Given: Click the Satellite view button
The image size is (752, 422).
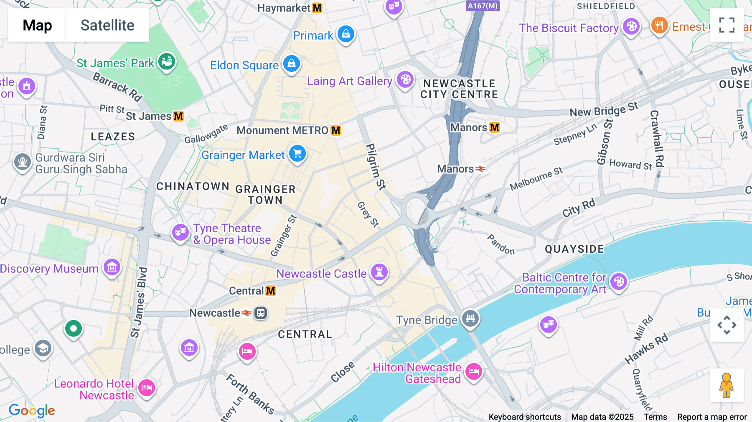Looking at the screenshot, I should (x=107, y=25).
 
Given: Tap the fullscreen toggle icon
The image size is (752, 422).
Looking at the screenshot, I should (x=727, y=25).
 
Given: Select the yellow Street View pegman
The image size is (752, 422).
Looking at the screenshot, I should (x=727, y=385).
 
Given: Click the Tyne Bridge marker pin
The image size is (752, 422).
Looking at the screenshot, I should (x=470, y=318).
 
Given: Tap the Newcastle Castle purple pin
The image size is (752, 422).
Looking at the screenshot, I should (x=379, y=272).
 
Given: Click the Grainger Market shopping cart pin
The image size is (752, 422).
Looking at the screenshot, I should (x=297, y=154).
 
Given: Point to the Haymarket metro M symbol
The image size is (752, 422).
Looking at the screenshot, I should (x=317, y=8).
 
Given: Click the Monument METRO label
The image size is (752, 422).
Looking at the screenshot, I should (x=282, y=130).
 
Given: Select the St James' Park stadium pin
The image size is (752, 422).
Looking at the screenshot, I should (x=167, y=62).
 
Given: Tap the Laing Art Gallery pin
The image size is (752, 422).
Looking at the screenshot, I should (x=405, y=79).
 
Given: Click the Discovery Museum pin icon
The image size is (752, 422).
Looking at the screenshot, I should (x=112, y=267).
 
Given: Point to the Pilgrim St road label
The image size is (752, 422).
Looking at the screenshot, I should (x=375, y=166).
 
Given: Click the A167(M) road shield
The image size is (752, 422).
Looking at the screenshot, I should (x=483, y=6).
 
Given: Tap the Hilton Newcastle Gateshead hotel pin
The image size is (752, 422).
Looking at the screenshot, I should (x=473, y=371).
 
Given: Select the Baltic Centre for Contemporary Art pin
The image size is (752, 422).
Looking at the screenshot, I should (x=619, y=282).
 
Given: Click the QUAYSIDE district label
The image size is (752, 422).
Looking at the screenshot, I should (x=574, y=249).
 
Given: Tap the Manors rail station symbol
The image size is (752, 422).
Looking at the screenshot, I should (x=480, y=169).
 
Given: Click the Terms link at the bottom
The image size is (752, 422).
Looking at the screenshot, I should (x=655, y=417).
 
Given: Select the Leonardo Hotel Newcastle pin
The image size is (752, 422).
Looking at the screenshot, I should (x=146, y=388).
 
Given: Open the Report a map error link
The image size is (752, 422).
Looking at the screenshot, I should (x=712, y=417).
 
